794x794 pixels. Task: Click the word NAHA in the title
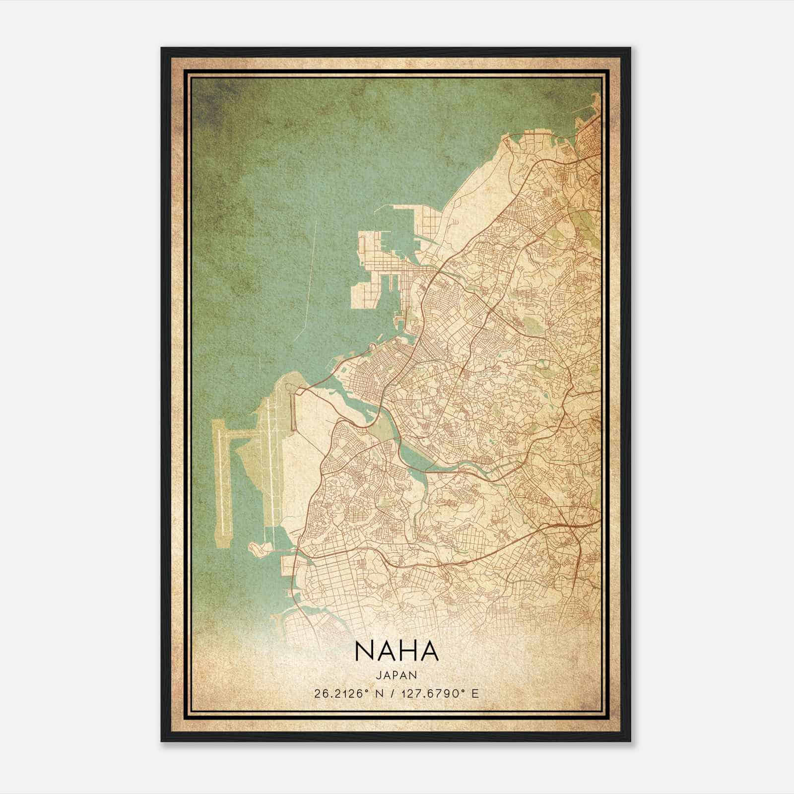pos(397,651)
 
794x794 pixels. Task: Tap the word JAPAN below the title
pos(397,675)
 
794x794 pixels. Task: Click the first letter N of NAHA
pos(363,651)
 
